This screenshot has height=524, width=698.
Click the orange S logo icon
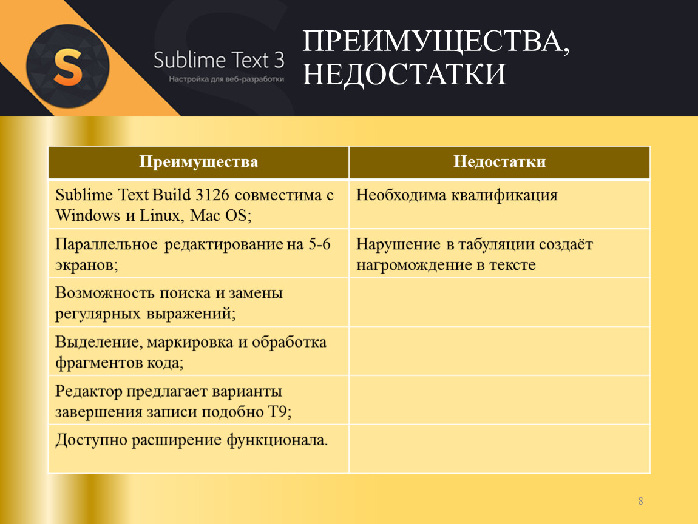67,66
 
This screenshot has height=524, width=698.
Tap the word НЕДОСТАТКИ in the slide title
404,74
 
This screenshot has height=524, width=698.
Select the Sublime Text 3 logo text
219,60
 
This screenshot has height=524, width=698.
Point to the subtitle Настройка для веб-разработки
226,79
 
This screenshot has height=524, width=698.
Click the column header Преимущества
198,161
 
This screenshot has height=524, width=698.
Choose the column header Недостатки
500,161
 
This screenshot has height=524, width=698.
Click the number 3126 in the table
212,195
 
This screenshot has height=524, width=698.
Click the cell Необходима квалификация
456,195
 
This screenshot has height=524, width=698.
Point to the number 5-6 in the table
320,244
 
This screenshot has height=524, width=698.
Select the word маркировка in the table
190,343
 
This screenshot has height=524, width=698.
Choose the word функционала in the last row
277,440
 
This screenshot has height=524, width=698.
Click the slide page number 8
640,501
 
